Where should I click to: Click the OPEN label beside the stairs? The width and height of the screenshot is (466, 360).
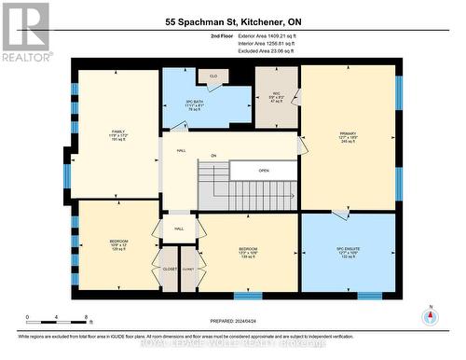point(264,171)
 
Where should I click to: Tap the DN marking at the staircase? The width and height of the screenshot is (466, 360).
point(212,156)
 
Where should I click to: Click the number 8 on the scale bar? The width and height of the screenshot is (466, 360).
point(87,317)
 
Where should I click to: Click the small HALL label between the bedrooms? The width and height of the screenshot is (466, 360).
point(178,228)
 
